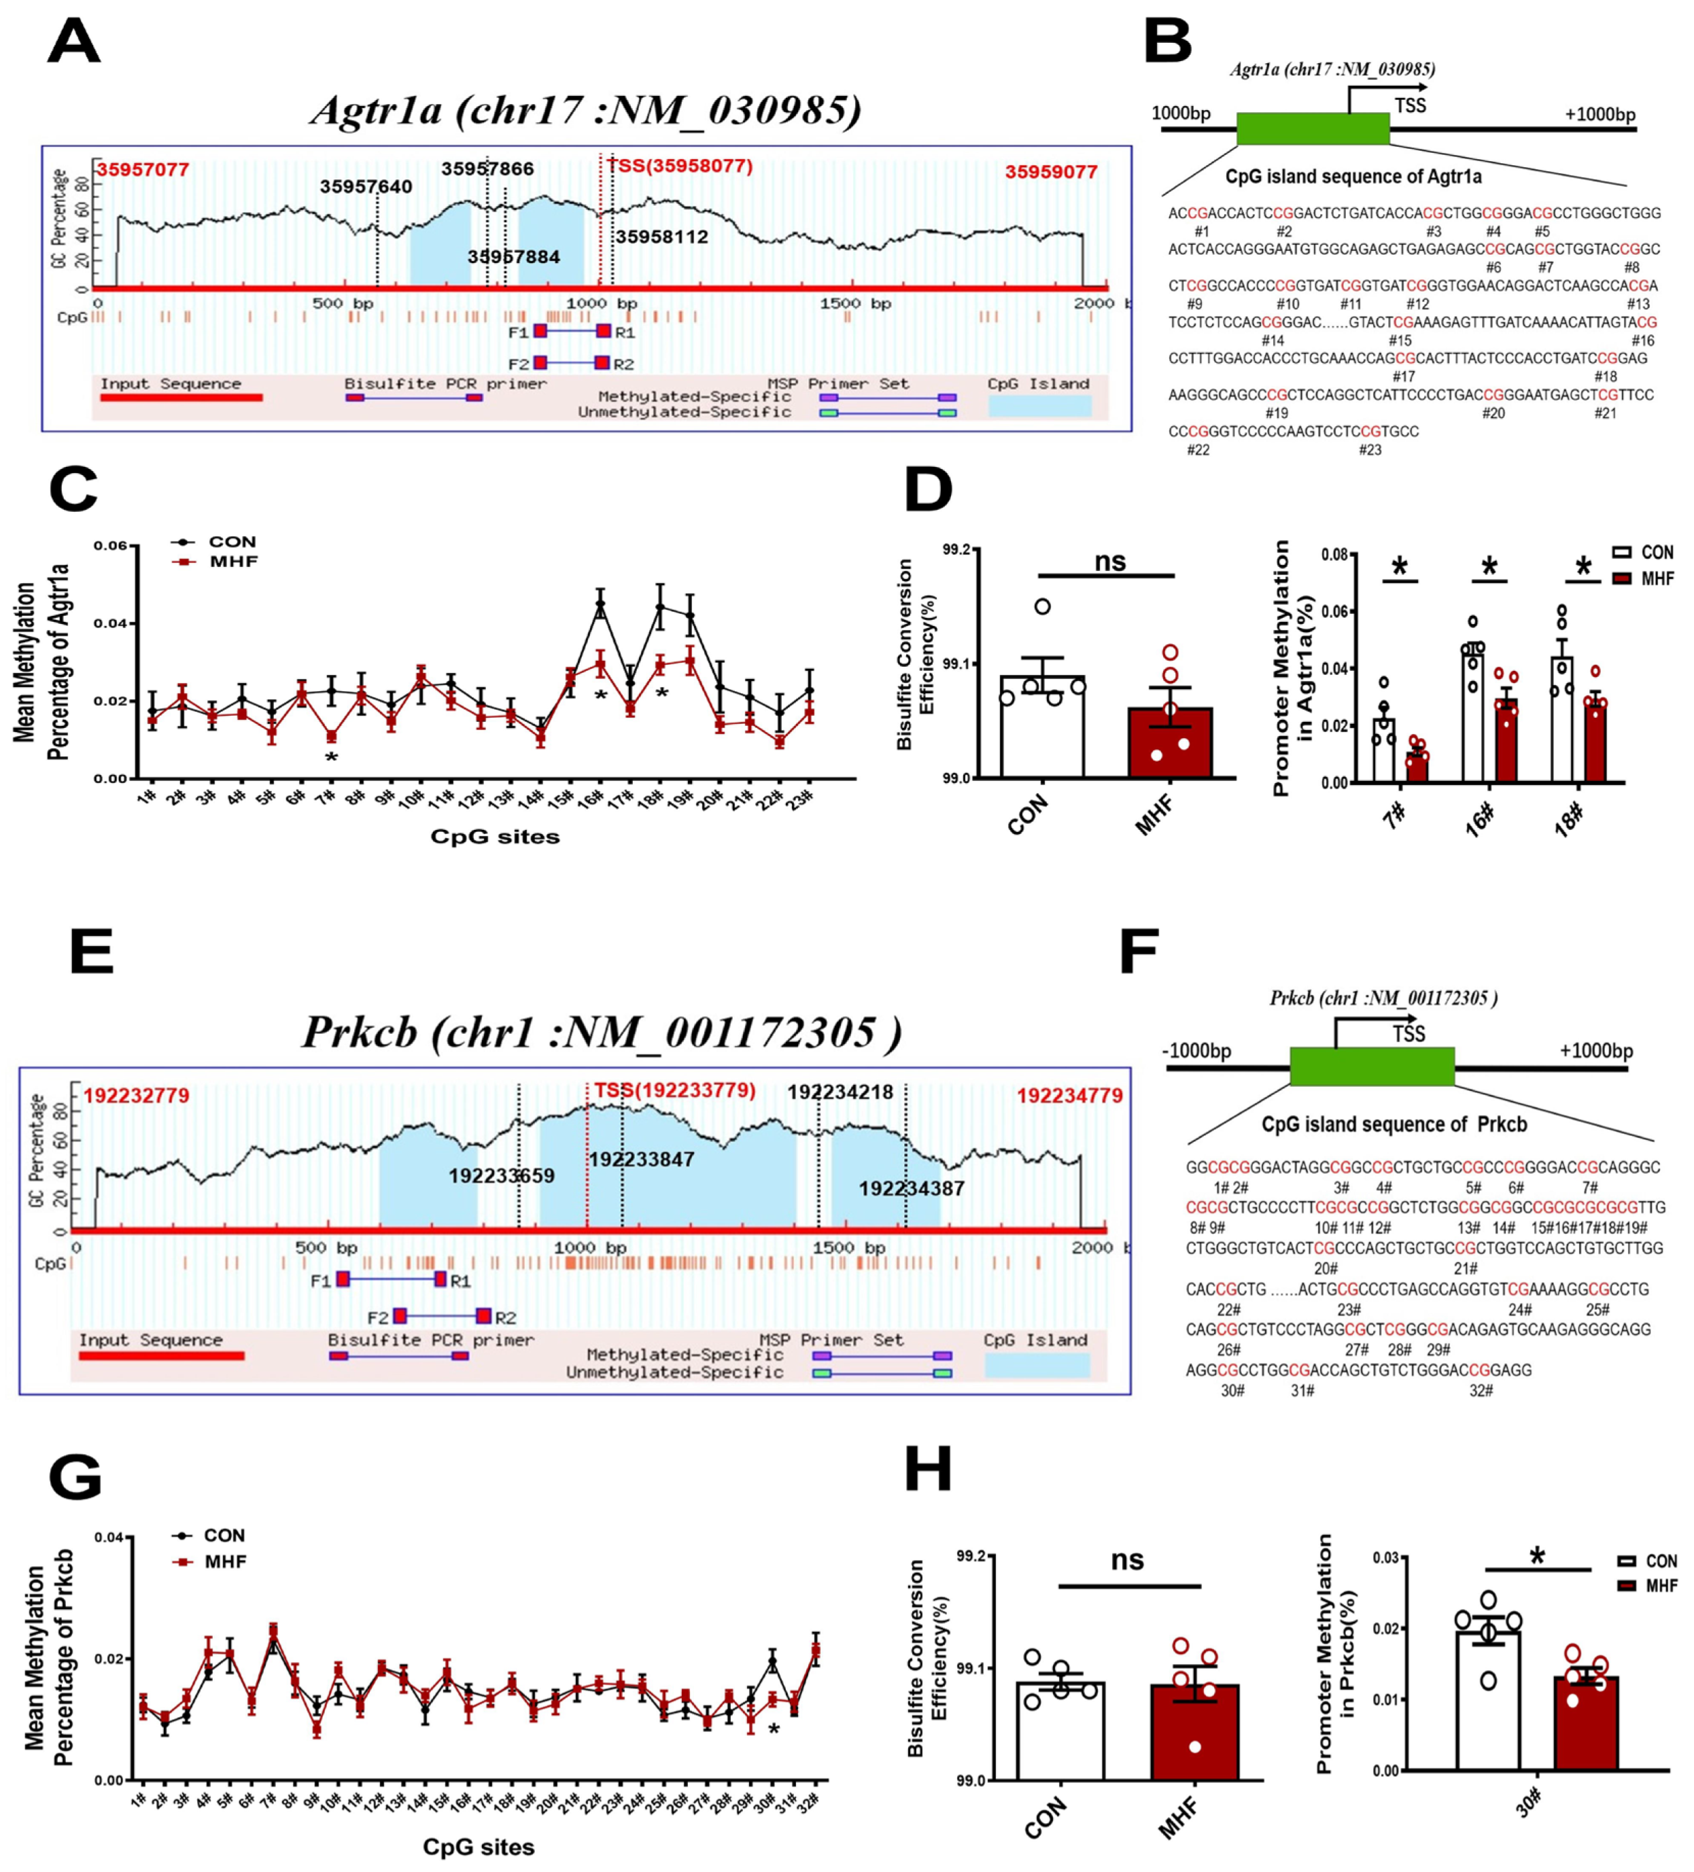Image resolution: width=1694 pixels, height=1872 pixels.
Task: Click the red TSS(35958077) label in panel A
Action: click(x=680, y=167)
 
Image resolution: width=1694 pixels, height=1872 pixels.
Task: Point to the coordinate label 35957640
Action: click(x=366, y=187)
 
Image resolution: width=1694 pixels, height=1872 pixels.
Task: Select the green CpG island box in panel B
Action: click(x=1312, y=129)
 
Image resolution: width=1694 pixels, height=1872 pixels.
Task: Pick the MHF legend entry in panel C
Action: click(x=232, y=561)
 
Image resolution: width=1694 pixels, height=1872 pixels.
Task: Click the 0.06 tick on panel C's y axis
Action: click(x=111, y=546)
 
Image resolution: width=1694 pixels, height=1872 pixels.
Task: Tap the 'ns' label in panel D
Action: click(x=1110, y=561)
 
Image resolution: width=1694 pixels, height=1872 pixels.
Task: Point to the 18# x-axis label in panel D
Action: click(x=1570, y=819)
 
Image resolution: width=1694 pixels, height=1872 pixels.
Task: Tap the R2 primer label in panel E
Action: click(x=505, y=1317)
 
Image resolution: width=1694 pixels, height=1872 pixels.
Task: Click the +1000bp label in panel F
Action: click(x=1595, y=1050)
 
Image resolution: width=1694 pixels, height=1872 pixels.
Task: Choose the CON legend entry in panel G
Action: click(x=223, y=1536)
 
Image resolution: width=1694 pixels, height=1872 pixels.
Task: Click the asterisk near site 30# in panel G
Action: click(x=774, y=1730)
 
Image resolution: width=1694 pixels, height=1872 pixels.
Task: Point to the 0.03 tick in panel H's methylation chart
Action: click(x=1385, y=1557)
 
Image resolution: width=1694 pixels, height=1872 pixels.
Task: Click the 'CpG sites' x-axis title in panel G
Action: click(x=479, y=1847)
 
